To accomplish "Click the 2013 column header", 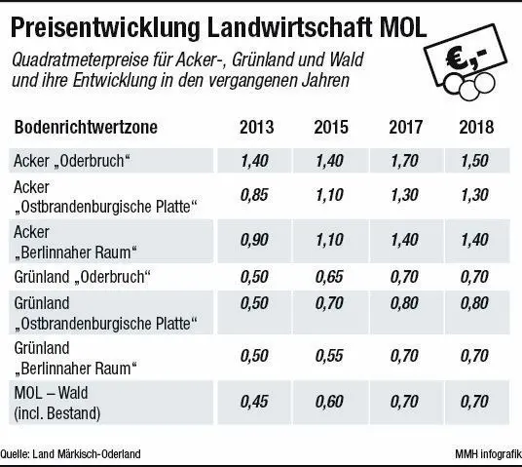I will tap(256, 128).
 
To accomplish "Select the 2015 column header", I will tap(331, 128).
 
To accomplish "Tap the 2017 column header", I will tap(405, 128).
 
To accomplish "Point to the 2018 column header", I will tap(476, 128).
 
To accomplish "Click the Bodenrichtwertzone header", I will tap(88, 128).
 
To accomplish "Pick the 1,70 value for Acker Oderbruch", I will tap(405, 160).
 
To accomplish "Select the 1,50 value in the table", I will tap(476, 160).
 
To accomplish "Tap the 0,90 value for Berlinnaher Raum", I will tap(256, 240).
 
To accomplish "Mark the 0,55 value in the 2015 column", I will tap(331, 356).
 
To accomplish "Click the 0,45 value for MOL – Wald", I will tap(256, 401).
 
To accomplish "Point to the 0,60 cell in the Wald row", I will tap(331, 401).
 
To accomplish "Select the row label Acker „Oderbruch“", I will tap(72, 160).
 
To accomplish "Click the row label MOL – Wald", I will tap(56, 392).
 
